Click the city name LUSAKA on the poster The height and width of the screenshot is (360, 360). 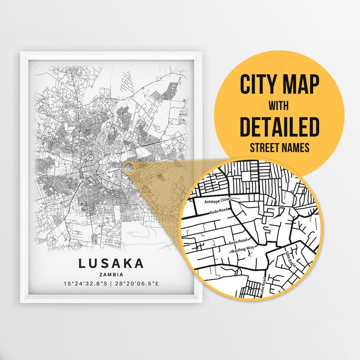[x=111, y=263]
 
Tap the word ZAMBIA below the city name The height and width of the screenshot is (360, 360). [x=111, y=275]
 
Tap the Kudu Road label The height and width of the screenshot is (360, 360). [x=219, y=212]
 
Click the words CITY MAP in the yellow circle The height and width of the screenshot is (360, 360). [x=279, y=85]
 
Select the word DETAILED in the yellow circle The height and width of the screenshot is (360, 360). [x=279, y=127]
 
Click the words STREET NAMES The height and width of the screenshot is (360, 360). [x=279, y=147]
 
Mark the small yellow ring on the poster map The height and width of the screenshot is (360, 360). [x=128, y=168]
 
